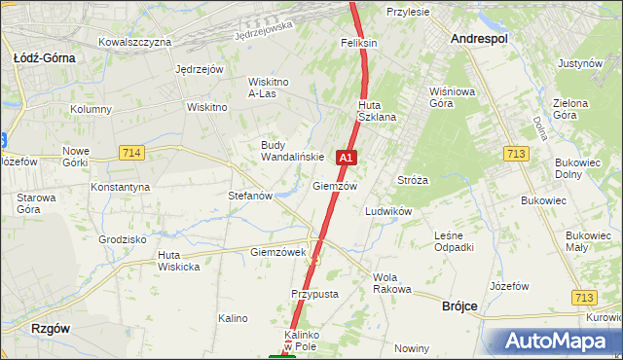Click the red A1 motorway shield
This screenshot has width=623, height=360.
point(347,156)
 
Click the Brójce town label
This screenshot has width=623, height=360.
point(458,306)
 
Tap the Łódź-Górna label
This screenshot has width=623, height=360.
point(44,57)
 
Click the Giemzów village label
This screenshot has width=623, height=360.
point(335,186)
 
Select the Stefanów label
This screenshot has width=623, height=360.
point(250,196)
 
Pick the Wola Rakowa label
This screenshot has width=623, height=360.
point(392,283)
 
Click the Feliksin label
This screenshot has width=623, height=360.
point(358,44)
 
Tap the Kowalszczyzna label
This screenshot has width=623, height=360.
point(135,42)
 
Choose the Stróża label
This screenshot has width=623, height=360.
point(414,180)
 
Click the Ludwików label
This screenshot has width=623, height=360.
point(388,211)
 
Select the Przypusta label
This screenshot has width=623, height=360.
point(313,293)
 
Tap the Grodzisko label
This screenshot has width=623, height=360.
point(123,238)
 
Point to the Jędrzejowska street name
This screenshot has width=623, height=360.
point(264,32)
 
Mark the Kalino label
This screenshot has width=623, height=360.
point(233,318)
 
